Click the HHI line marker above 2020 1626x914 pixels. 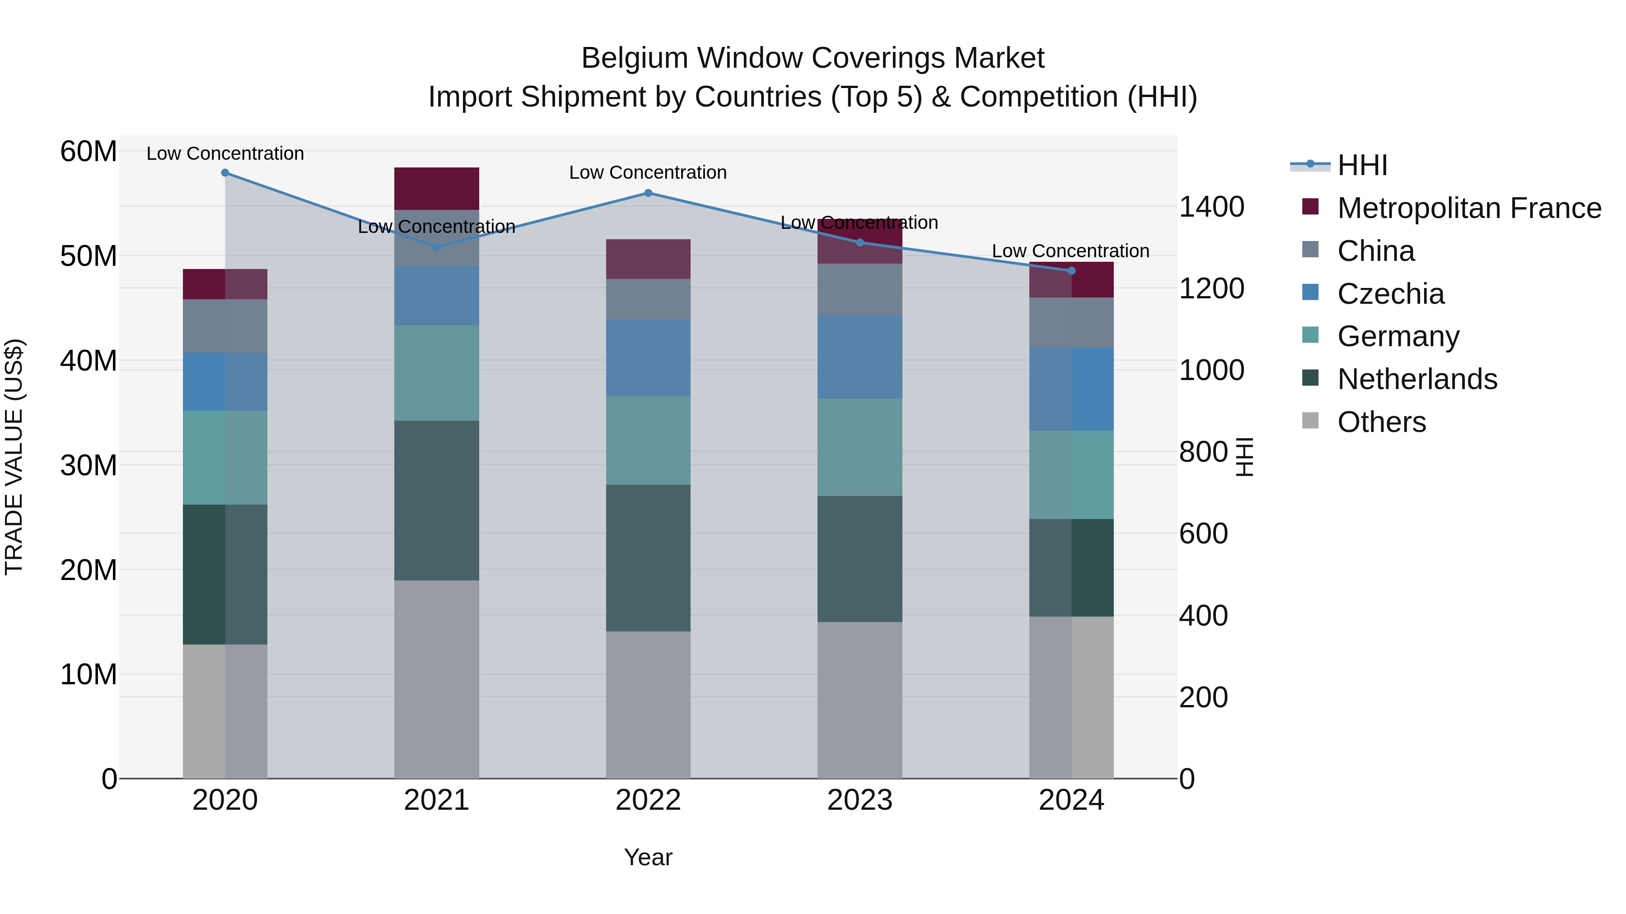225,173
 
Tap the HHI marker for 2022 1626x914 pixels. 648,193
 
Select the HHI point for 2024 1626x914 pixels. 1071,271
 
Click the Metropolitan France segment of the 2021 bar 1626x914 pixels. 436,189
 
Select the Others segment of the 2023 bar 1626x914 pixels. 859,700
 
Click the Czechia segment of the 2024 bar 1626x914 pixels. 1071,389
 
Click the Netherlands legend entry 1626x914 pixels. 1416,379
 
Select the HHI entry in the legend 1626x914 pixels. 1362,165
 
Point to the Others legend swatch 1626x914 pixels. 1310,421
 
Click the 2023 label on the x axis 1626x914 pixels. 859,800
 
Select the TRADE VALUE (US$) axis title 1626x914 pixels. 14,457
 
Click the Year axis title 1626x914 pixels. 648,857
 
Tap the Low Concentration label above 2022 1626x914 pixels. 648,172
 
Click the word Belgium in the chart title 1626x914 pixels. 634,58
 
